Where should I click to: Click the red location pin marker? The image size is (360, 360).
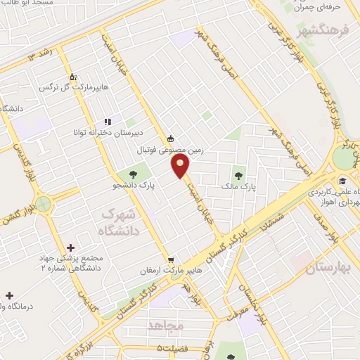(181, 166)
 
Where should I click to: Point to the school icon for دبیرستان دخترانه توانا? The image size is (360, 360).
(108, 122)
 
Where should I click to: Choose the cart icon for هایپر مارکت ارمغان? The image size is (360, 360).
(169, 259)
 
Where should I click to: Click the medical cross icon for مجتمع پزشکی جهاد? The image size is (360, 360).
(70, 247)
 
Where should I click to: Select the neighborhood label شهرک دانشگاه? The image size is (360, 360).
(120, 220)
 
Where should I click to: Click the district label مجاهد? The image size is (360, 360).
(165, 326)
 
